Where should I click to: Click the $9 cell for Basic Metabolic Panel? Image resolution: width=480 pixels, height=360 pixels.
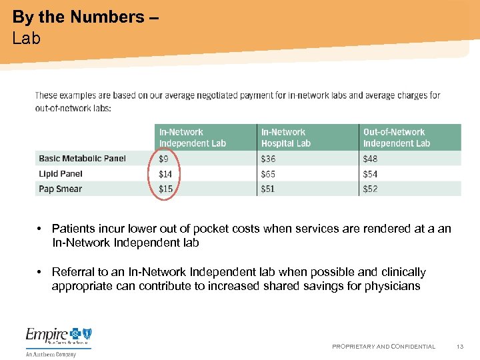point(164,159)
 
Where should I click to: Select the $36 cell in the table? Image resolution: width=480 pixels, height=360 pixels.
point(268,159)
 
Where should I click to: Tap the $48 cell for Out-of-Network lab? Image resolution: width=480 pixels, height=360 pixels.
point(370,159)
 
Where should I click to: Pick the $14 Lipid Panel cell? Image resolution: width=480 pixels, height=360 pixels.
point(165,174)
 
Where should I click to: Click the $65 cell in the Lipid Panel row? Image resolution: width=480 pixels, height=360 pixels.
point(268,174)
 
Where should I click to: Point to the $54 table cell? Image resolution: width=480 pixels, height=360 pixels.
point(370,174)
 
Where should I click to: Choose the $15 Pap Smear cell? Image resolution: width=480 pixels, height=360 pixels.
point(165,189)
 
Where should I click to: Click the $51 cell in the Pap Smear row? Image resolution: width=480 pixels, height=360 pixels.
point(268,189)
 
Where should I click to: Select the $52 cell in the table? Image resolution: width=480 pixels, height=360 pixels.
point(370,189)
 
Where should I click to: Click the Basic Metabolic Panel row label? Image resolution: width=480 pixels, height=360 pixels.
point(82,159)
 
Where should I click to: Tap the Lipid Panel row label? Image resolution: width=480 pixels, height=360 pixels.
point(61,174)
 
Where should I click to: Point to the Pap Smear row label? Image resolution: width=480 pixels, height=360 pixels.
point(60,189)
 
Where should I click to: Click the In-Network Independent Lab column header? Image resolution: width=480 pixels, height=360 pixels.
point(192,137)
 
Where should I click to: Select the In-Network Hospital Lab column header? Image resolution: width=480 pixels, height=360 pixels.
point(285,137)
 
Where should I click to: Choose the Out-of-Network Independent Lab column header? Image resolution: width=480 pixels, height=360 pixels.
point(396,137)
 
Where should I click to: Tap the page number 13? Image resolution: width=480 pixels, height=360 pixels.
point(460,347)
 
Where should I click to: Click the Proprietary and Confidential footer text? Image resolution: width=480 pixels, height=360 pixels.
point(383,347)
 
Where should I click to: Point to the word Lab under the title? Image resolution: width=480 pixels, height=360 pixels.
point(26,38)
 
